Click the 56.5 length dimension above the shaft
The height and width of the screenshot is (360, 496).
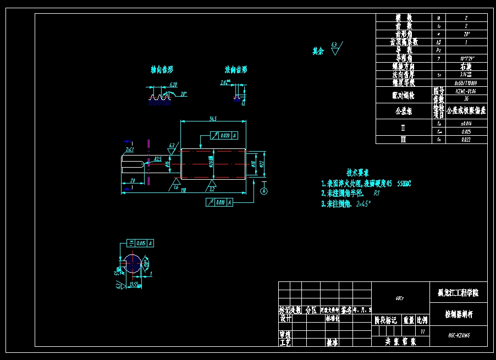click(212, 118)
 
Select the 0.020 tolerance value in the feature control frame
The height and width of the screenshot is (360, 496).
click(224, 135)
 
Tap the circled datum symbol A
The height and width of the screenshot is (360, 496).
click(264, 191)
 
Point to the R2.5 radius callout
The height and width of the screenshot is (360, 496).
click(158, 159)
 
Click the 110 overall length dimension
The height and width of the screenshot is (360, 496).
click(182, 190)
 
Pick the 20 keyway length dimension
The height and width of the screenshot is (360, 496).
click(133, 180)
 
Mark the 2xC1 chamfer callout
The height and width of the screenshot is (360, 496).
click(130, 149)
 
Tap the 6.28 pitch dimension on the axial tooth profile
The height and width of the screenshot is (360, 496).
click(173, 85)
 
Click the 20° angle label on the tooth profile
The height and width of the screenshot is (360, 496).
click(184, 94)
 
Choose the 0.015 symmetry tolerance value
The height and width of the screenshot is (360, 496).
click(141, 243)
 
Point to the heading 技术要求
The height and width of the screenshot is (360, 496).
click(357, 173)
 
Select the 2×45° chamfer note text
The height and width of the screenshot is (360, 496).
click(363, 204)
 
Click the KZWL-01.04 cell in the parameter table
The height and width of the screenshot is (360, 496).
click(465, 91)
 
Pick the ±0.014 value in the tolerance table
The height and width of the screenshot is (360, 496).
click(465, 124)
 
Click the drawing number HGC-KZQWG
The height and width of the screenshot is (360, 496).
click(458, 334)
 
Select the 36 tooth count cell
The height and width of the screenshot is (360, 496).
click(465, 99)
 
